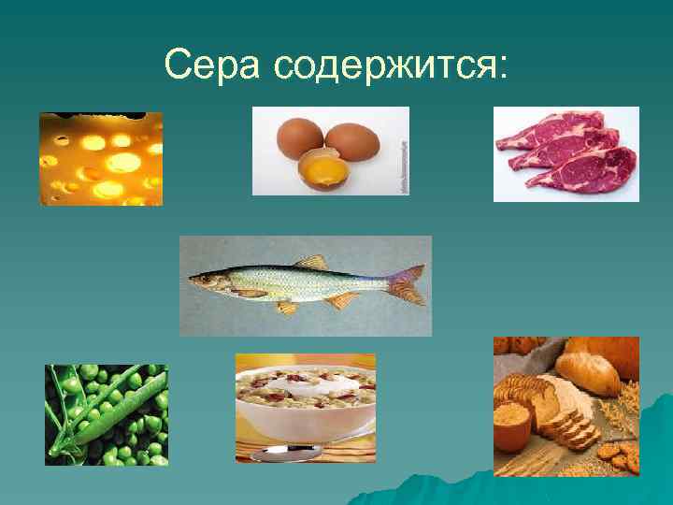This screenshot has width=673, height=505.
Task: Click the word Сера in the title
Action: [214, 65]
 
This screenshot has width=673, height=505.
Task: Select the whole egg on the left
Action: [301, 138]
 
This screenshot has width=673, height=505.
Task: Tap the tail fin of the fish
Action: [408, 283]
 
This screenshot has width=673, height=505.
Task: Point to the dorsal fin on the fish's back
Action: [309, 262]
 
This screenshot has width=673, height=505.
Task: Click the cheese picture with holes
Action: [101, 159]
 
